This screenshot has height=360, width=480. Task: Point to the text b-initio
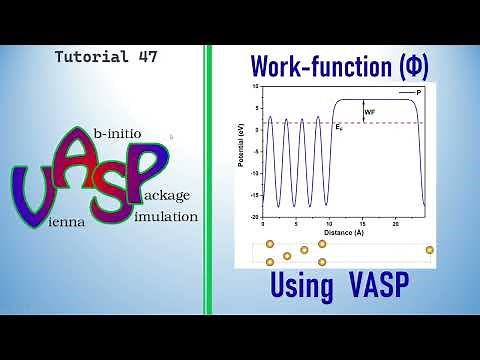click(117, 132)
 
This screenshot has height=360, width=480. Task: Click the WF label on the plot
click(370, 112)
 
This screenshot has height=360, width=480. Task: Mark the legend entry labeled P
click(417, 91)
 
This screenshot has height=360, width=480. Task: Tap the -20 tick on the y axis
click(256, 217)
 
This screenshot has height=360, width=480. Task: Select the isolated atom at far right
click(430, 250)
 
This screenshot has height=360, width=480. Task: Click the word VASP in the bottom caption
click(380, 286)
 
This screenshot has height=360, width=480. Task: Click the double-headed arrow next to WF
click(362, 112)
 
